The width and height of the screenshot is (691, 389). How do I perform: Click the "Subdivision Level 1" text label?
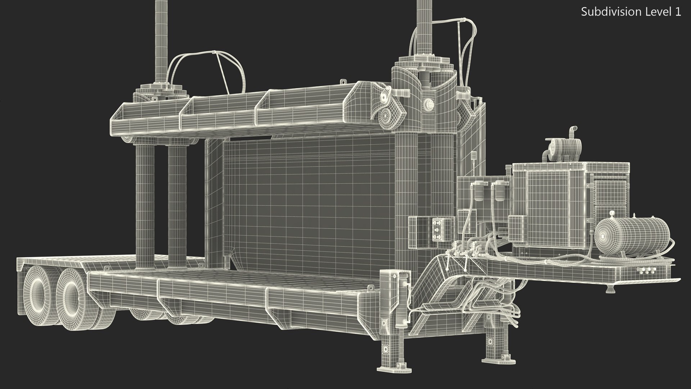click(x=631, y=12)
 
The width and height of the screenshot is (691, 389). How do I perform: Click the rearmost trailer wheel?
click(x=38, y=294)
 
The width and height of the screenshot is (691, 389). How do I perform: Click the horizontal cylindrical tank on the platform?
click(x=632, y=236)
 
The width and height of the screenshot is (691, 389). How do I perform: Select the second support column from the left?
click(x=177, y=204)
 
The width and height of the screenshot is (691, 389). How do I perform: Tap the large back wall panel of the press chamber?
click(x=306, y=202)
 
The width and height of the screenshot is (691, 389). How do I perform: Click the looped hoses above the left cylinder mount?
click(x=209, y=70)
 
